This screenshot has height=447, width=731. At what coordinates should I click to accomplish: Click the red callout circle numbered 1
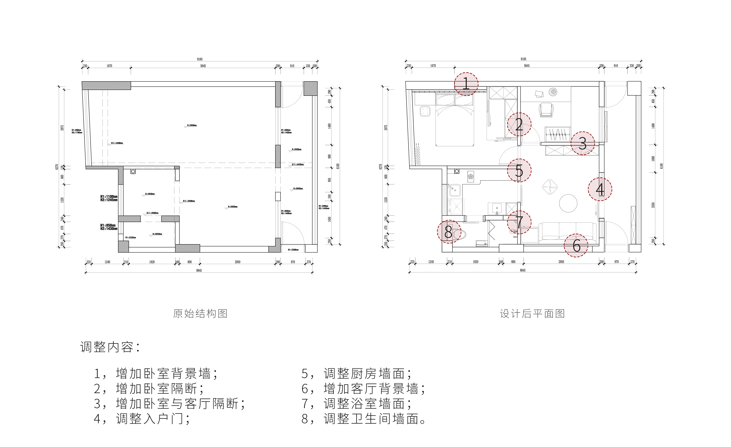pyautogui.click(x=466, y=84)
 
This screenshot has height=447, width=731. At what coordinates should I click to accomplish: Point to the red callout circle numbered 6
pyautogui.click(x=576, y=245)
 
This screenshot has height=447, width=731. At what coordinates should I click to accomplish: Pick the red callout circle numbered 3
pyautogui.click(x=583, y=143)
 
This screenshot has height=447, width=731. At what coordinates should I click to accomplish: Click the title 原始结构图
pyautogui.click(x=200, y=314)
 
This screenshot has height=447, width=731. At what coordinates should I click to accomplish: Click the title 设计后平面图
pyautogui.click(x=532, y=314)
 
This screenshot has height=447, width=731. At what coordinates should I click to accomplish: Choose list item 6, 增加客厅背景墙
pyautogui.click(x=363, y=389)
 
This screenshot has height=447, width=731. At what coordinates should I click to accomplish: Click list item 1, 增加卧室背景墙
pyautogui.click(x=156, y=374)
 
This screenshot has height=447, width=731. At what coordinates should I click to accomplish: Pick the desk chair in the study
pyautogui.click(x=546, y=110)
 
